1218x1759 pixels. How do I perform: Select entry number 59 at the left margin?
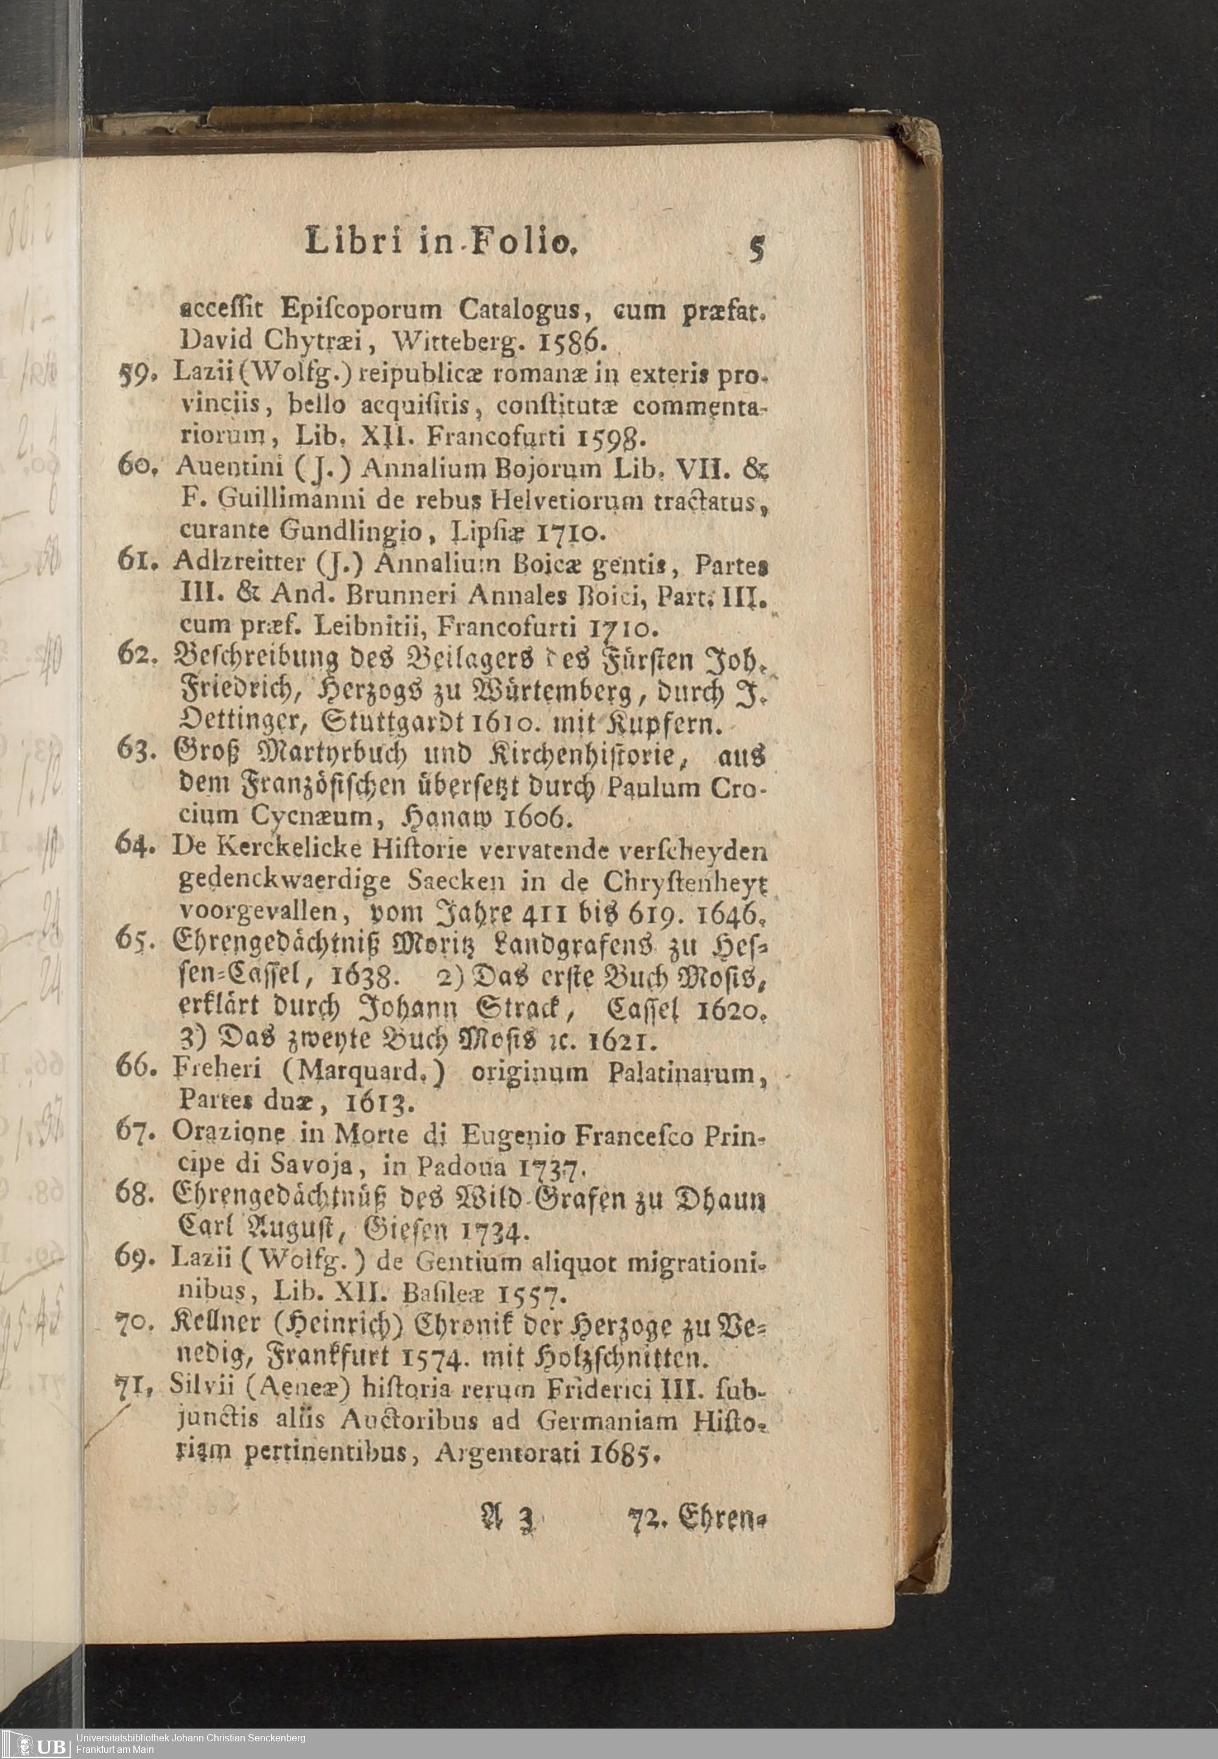point(135,375)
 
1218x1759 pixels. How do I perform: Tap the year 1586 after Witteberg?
point(566,339)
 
